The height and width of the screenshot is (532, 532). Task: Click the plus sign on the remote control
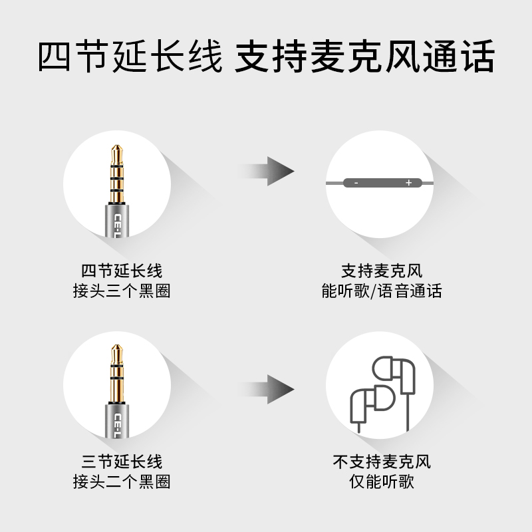(408, 183)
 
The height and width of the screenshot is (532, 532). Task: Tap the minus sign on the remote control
(356, 184)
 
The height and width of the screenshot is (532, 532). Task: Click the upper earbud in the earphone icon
(395, 376)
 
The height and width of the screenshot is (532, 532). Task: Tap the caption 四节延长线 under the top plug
(122, 271)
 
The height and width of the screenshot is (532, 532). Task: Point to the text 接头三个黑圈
(122, 291)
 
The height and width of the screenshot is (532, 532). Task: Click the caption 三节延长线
(122, 462)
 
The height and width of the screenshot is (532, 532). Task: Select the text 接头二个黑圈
(122, 481)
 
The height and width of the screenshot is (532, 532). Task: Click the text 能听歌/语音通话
(382, 291)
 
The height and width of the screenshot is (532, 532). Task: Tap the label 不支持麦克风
(382, 462)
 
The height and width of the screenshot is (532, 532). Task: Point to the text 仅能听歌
(382, 481)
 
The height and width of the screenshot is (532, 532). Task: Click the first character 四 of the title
(55, 56)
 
